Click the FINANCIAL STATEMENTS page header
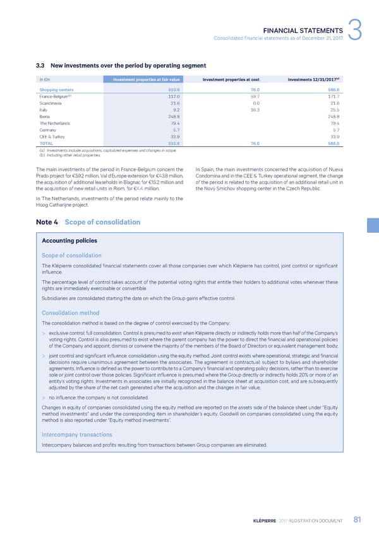[x=303, y=29]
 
